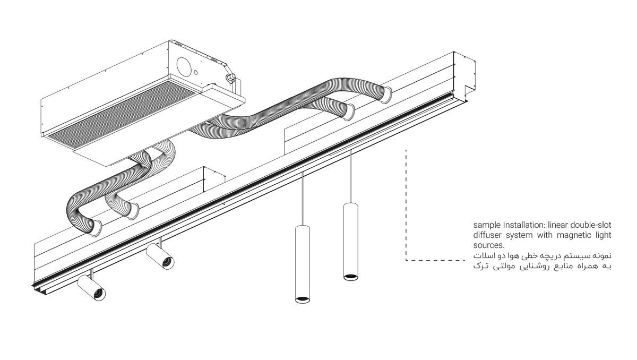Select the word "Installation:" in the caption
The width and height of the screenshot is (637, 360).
click(519, 225)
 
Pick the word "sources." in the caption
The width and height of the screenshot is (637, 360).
click(487, 245)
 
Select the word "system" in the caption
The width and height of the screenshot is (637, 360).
click(518, 235)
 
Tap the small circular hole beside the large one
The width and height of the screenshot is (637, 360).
click(196, 71)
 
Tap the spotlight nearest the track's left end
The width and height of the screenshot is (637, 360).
click(91, 288)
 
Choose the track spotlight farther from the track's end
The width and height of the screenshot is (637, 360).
click(160, 257)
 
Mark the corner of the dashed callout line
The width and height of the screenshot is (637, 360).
click(406, 260)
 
